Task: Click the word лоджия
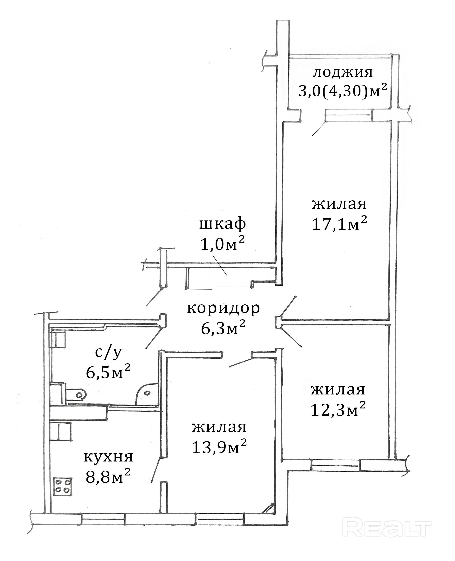tap(343, 73)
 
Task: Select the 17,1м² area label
tap(339, 224)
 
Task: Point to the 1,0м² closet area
tap(223, 244)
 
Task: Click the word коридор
tap(223, 308)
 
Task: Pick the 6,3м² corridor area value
tap(223, 328)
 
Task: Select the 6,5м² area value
tap(108, 372)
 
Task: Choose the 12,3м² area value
tap(338, 410)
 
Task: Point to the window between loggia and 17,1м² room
tap(349, 116)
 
